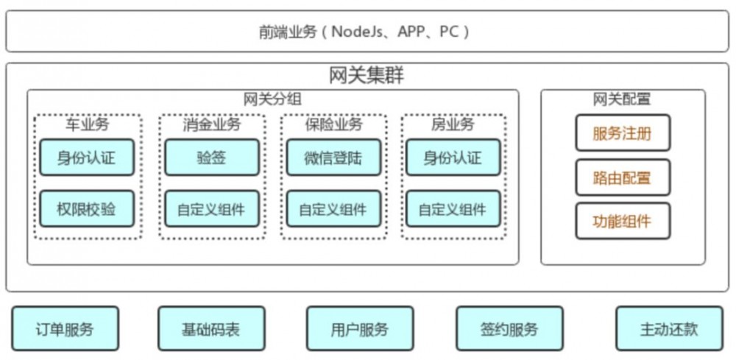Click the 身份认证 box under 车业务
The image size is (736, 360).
tap(87, 158)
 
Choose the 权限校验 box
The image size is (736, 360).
tap(87, 209)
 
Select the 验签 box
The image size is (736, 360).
tap(211, 158)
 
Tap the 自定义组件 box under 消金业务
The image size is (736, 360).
tap(211, 209)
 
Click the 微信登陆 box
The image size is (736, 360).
tap(333, 158)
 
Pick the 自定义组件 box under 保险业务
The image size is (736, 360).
tap(333, 209)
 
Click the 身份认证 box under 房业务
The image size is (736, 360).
tap(453, 158)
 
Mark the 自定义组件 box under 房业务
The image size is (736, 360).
tap(453, 209)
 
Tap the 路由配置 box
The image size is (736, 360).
tap(623, 177)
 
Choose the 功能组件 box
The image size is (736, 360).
tap(623, 221)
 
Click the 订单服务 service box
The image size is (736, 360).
tap(66, 328)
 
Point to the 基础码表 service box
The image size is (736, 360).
tap(210, 328)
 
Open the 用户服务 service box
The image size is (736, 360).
tap(360, 328)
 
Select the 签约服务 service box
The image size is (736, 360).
tap(509, 328)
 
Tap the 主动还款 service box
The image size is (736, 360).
tap(669, 328)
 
